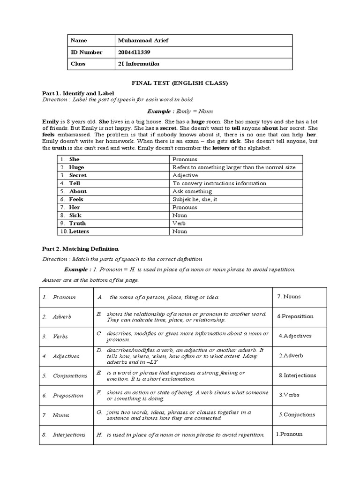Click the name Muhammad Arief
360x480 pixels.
pyautogui.click(x=143, y=41)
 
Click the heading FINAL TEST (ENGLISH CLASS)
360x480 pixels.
pyautogui.click(x=180, y=83)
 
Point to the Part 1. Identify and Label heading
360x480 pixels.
pyautogui.click(x=78, y=93)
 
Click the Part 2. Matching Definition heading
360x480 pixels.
pyautogui.click(x=80, y=249)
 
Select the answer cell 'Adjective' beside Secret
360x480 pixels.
pyautogui.click(x=185, y=175)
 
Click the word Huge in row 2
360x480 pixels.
pyautogui.click(x=76, y=167)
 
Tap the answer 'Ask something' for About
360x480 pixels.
pyautogui.click(x=192, y=191)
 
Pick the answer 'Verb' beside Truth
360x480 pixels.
pyautogui.click(x=179, y=223)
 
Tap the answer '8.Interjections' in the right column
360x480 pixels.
pyautogui.click(x=297, y=375)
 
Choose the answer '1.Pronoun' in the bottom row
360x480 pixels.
pyautogui.click(x=289, y=434)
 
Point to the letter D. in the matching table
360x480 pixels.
pyautogui.click(x=99, y=350)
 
